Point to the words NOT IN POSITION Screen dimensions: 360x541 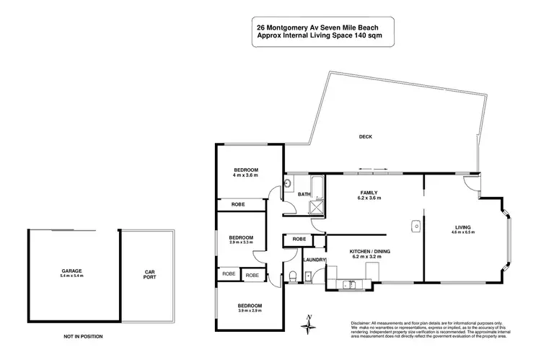pyautogui.click(x=83, y=336)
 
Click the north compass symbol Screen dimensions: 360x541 pyautogui.click(x=309, y=324)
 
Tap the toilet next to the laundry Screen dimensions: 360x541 pyautogui.click(x=293, y=276)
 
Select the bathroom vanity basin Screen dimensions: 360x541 pyautogui.click(x=287, y=184)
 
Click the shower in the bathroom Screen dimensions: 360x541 pyautogui.click(x=315, y=208)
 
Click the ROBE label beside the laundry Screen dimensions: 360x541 pyautogui.click(x=299, y=239)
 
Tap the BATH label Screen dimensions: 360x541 pyautogui.click(x=304, y=194)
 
